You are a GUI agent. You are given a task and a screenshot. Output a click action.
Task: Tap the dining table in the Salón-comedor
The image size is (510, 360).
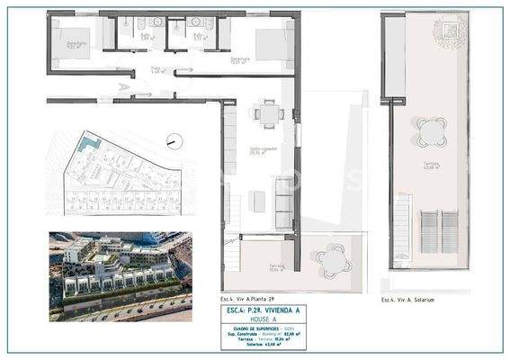tap(265, 114)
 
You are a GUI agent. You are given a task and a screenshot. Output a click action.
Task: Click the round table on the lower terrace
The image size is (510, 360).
tap(333, 260)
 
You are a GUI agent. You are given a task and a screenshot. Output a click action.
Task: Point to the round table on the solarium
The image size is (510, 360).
tap(431, 132)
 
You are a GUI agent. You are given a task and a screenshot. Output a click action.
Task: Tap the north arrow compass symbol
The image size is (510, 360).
tap(174, 141)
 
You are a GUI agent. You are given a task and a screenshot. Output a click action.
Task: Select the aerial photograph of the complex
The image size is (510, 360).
tap(120, 276)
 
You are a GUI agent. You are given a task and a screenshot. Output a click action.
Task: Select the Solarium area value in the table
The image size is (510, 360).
tap(286, 345)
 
